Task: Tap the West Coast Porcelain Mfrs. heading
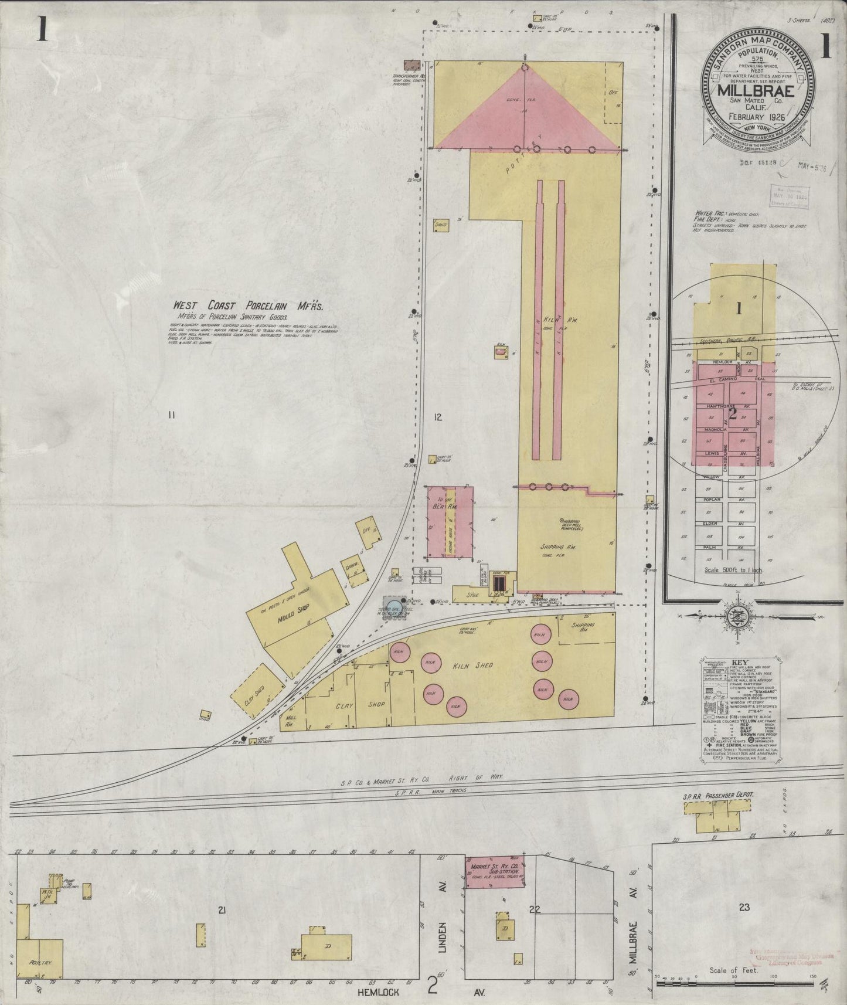[x=248, y=305]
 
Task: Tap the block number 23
[x=744, y=908]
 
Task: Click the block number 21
[x=222, y=910]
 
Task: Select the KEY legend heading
[x=739, y=663]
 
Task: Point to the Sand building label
[x=441, y=224]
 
